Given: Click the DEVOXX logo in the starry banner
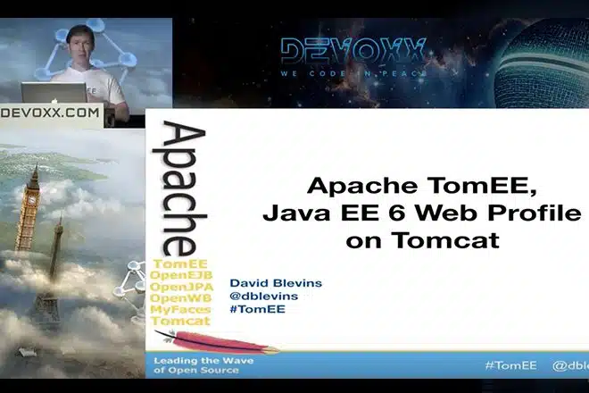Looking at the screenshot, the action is [x=353, y=52].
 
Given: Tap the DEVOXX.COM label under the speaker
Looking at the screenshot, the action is [x=50, y=113].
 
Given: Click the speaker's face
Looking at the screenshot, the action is [x=80, y=45].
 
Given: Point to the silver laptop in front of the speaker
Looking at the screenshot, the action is [x=54, y=93].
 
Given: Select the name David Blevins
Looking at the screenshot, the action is [x=276, y=283].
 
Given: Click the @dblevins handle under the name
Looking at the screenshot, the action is [x=263, y=296].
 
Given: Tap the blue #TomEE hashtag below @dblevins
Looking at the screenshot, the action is [x=258, y=309].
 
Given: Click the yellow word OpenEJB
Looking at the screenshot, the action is [x=181, y=275].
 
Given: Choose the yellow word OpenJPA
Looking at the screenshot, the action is [x=181, y=287].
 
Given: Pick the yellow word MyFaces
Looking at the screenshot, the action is [x=180, y=310].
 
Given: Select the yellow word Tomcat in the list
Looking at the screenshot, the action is [x=180, y=322].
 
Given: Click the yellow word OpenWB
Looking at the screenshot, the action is [x=180, y=298].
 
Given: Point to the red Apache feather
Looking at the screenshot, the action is [x=217, y=341].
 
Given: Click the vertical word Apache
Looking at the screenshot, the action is [x=180, y=188].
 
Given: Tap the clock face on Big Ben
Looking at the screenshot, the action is [x=33, y=200].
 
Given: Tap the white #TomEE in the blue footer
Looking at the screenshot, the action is [x=510, y=365].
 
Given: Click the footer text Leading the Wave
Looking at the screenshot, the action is [x=203, y=361].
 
